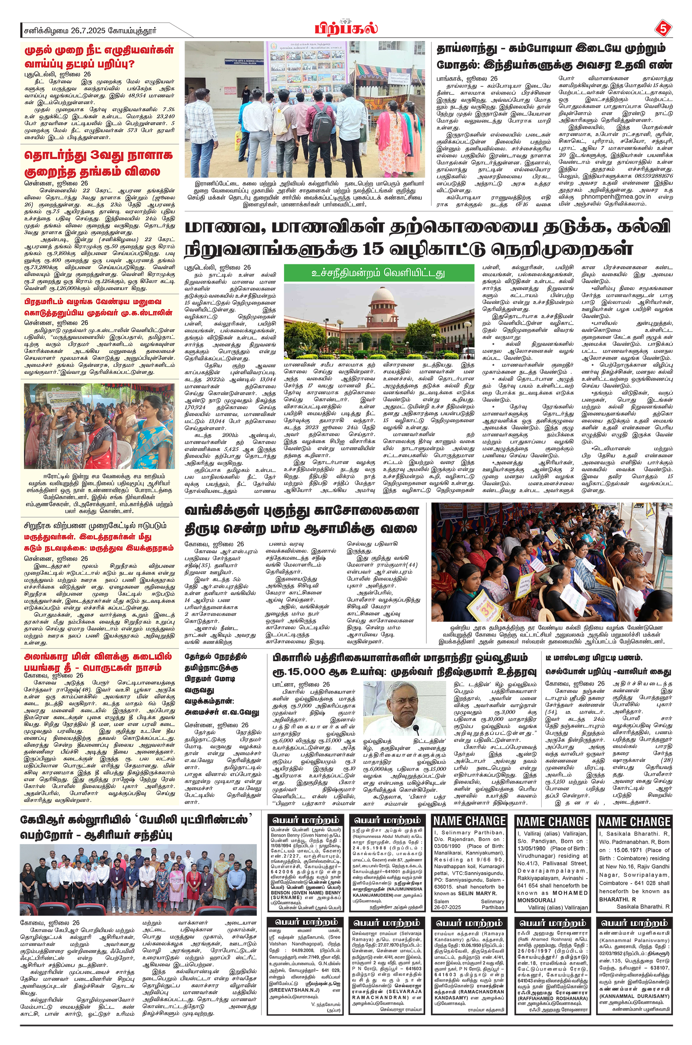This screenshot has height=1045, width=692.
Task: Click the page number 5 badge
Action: [662, 29]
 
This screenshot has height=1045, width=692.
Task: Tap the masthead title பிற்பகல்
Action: [346, 29]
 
